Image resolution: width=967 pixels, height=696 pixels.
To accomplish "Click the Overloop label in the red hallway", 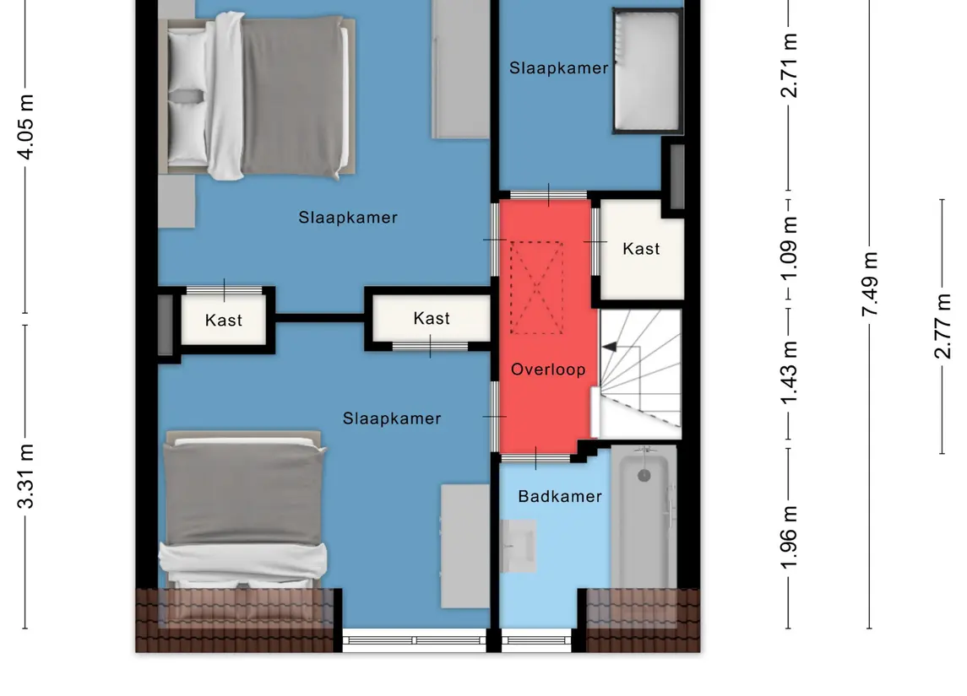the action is (x=548, y=370).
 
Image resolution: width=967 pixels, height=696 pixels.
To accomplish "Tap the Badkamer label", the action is (x=560, y=496).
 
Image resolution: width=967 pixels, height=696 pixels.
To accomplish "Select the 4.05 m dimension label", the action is (x=25, y=127).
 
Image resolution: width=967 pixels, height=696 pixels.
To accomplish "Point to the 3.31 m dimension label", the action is (x=25, y=476).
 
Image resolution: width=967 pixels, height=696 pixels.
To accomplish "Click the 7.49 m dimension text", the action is (x=870, y=284).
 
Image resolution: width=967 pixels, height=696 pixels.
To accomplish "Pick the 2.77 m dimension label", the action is (x=943, y=326).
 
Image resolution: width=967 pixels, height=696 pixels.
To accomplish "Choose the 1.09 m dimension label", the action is (x=789, y=248).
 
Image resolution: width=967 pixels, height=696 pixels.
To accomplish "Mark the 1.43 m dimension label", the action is (x=789, y=373).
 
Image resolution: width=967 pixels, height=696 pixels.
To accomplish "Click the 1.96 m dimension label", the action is (x=789, y=537).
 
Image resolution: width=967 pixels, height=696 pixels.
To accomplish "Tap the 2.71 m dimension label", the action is (x=789, y=65).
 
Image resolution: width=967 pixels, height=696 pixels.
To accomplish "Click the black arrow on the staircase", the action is (x=609, y=347).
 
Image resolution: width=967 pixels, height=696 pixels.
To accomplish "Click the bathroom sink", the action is (x=518, y=546).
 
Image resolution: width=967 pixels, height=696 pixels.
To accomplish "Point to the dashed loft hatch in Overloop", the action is (x=536, y=288).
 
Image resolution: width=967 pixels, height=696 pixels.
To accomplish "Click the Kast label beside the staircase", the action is (x=641, y=249).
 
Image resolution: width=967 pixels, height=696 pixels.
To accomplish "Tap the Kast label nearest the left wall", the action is (x=223, y=321).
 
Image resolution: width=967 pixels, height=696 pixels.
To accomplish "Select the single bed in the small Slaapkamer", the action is (x=648, y=70).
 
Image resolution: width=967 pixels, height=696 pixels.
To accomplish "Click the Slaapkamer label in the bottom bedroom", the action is (x=392, y=418).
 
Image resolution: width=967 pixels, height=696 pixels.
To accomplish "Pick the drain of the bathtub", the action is (x=644, y=475).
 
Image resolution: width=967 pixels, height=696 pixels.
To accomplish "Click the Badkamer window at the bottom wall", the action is (x=536, y=640).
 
